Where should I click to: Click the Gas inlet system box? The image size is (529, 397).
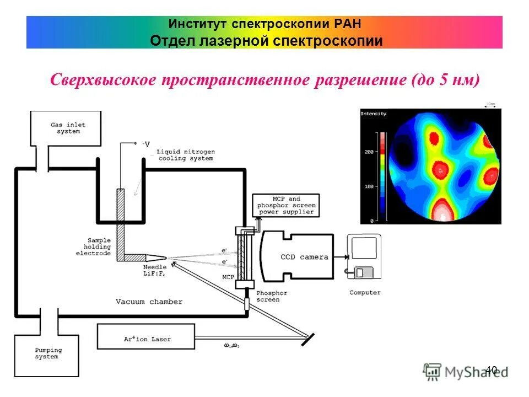(x=66, y=128)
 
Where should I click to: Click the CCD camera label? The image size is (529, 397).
(x=304, y=256)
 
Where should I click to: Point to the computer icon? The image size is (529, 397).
(x=363, y=257)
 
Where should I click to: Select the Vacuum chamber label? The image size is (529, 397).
(x=149, y=302)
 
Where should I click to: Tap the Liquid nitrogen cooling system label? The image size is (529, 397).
(x=186, y=155)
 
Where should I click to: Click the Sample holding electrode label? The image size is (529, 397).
(x=94, y=246)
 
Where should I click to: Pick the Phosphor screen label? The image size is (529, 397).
(x=268, y=296)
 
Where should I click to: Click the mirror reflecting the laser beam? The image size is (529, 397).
(x=306, y=339)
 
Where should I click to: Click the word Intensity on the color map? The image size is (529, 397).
(x=374, y=114)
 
